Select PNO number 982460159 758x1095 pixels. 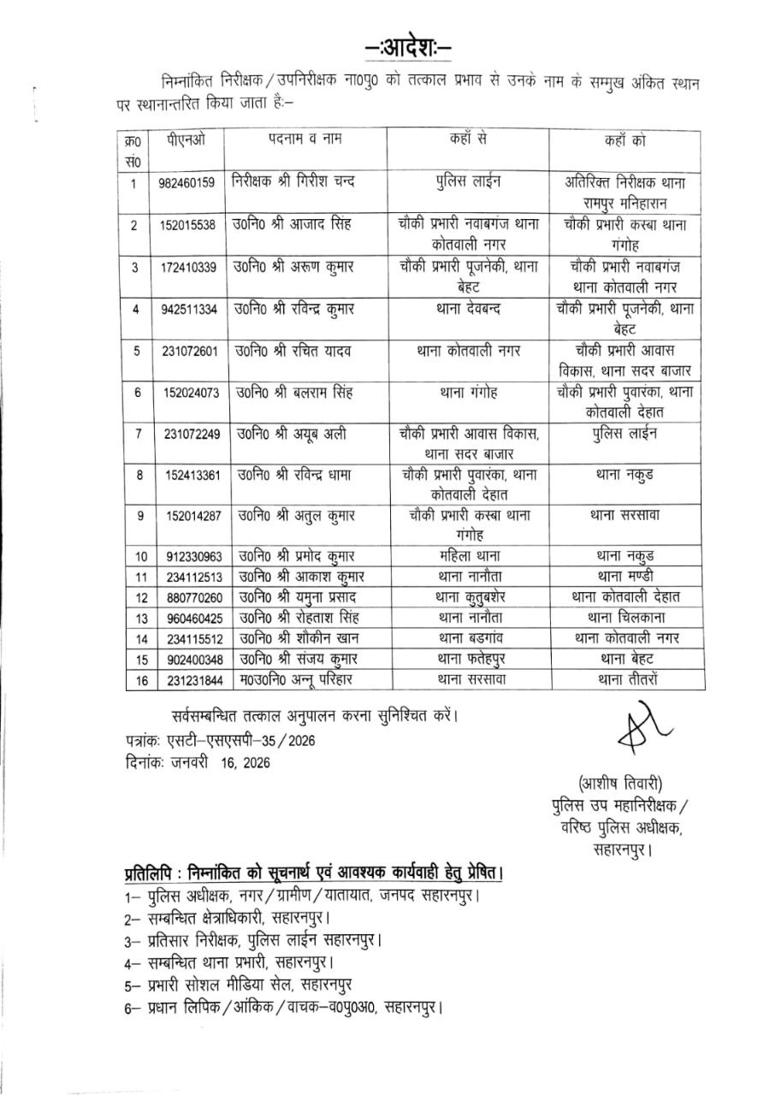click(192, 183)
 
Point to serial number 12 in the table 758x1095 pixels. click(134, 598)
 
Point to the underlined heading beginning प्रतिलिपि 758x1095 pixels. click(311, 874)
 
